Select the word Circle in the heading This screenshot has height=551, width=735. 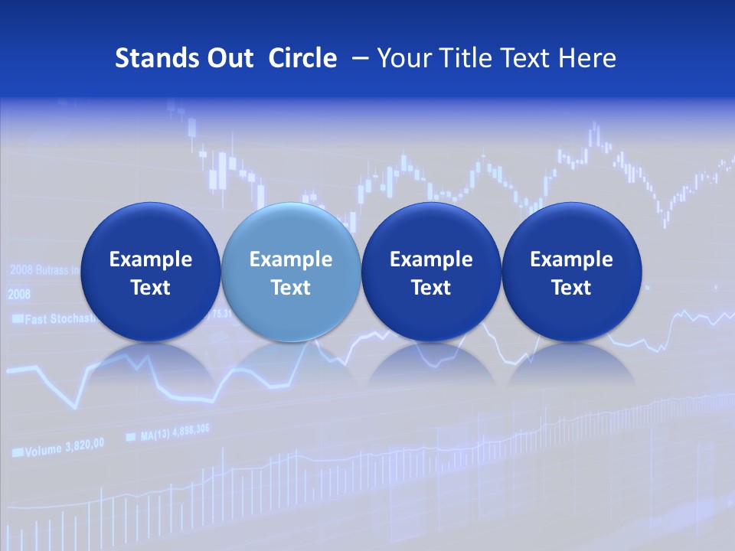[x=302, y=58]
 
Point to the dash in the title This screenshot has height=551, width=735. [x=358, y=58]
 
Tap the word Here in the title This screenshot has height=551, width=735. [x=586, y=58]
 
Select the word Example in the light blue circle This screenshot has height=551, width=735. [x=290, y=259]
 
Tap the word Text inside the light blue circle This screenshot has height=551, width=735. [x=290, y=288]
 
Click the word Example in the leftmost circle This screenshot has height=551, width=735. [x=150, y=259]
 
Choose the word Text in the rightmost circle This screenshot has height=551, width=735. [x=571, y=288]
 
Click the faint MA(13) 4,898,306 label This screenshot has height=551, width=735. [x=175, y=433]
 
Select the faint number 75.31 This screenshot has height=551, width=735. [x=220, y=314]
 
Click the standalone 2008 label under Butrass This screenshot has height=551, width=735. [x=19, y=295]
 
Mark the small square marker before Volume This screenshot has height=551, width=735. [x=17, y=453]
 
